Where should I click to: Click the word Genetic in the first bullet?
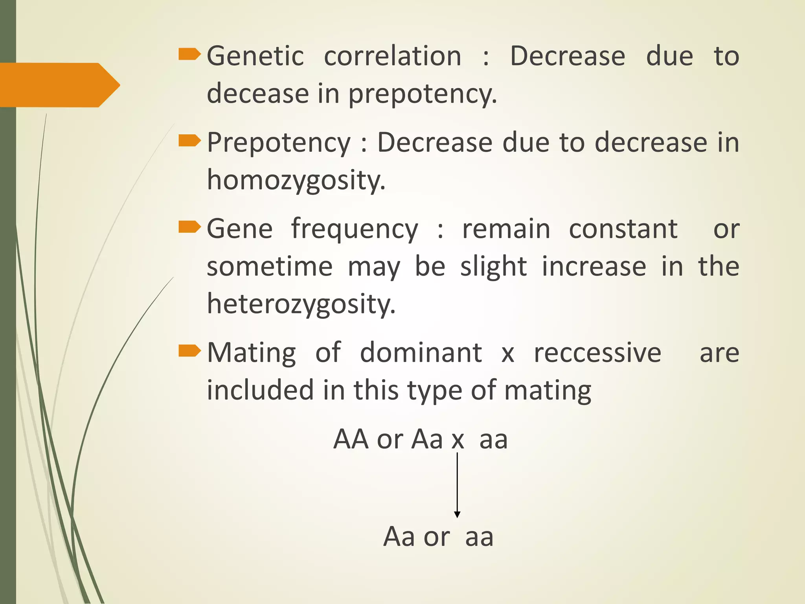255,56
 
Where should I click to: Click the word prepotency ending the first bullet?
423,94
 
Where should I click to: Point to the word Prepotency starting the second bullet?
278,142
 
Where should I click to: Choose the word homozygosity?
296,180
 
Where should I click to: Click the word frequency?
355,229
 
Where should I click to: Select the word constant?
623,229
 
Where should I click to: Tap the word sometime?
270,267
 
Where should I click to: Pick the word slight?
493,267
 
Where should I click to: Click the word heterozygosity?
301,304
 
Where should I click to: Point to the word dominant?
421,352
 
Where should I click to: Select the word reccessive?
597,352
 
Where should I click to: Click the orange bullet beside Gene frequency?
189,227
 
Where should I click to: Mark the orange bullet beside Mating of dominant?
189,351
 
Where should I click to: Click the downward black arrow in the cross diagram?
457,486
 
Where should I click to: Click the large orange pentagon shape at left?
59,85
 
